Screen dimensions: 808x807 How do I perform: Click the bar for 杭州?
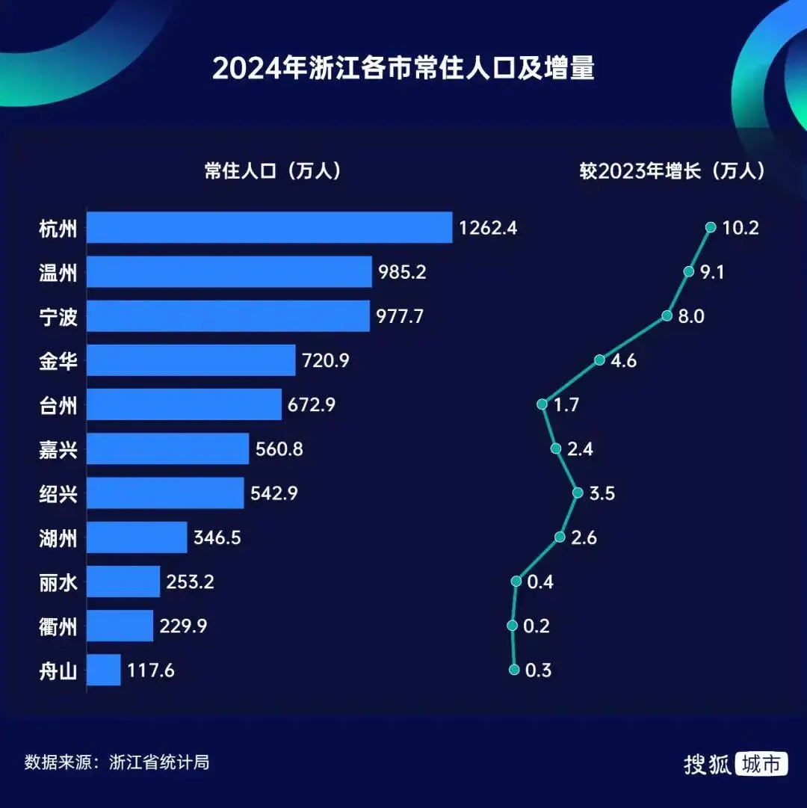click(x=269, y=227)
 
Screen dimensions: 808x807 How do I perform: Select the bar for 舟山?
click(x=104, y=670)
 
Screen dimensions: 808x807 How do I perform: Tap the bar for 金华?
click(x=191, y=360)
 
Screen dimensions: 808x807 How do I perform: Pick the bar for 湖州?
click(x=137, y=537)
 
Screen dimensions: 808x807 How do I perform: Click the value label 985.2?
click(x=402, y=272)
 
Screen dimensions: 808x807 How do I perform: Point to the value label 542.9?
click(x=274, y=493)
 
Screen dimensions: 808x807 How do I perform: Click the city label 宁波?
click(x=58, y=317)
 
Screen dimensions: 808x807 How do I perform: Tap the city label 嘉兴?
click(x=58, y=449)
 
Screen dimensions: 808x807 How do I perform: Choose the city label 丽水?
click(x=58, y=582)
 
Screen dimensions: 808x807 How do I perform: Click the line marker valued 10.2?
click(x=710, y=227)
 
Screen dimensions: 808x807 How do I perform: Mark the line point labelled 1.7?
click(x=542, y=404)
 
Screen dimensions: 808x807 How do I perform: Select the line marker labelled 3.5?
click(x=578, y=493)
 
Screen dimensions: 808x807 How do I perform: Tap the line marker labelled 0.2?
click(x=513, y=626)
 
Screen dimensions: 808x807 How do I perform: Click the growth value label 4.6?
click(x=623, y=360)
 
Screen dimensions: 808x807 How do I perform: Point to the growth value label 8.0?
click(x=690, y=316)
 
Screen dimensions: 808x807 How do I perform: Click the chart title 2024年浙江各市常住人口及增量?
click(x=403, y=69)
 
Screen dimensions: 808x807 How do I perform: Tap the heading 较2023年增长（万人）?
click(x=673, y=170)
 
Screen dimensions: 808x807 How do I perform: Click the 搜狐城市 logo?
click(x=735, y=763)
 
